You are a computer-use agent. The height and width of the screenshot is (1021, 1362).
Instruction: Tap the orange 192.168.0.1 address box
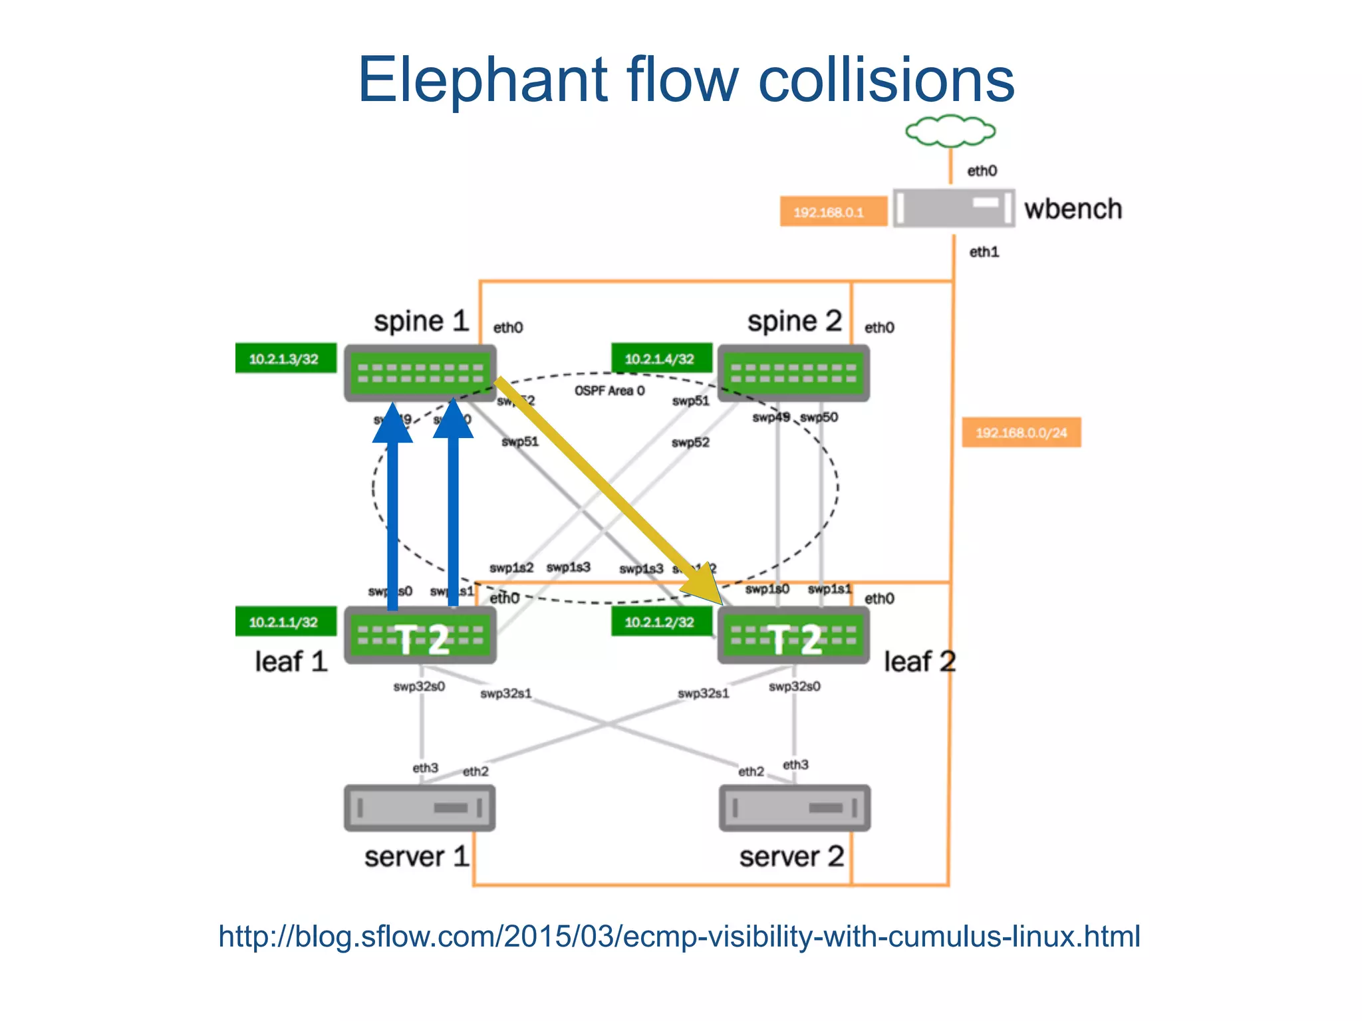point(833,212)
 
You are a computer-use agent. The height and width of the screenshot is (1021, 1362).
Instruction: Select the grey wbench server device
point(953,208)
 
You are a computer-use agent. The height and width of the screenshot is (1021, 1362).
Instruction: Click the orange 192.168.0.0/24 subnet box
point(1021,433)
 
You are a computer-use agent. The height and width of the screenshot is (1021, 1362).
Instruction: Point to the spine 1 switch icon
point(420,373)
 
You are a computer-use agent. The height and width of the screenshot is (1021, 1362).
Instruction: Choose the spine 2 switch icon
point(793,373)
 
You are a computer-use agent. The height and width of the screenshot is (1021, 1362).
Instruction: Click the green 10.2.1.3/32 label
point(285,359)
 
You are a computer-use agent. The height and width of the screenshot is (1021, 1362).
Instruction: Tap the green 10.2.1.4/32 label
point(661,359)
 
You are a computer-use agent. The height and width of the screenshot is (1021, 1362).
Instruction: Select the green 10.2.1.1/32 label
point(285,622)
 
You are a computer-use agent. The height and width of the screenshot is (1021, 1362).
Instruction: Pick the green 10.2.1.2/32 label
point(661,622)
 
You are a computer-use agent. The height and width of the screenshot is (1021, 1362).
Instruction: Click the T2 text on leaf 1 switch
point(423,639)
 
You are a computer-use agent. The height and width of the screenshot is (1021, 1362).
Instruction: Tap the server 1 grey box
point(420,808)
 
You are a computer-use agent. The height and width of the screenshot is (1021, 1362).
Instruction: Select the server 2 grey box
point(795,808)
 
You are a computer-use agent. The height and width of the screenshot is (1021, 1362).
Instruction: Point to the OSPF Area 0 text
point(609,391)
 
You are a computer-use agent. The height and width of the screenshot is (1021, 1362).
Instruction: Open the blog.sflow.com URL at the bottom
point(679,936)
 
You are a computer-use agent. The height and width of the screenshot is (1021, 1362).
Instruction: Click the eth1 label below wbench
point(984,252)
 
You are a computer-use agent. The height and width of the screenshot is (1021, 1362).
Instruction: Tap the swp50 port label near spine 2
point(819,417)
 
